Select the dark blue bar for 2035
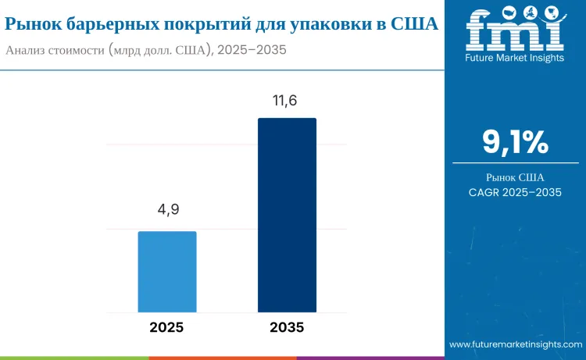click(x=287, y=215)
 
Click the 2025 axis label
click(x=167, y=327)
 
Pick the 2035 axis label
click(x=287, y=327)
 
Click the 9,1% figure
click(x=515, y=143)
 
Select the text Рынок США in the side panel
click(x=515, y=178)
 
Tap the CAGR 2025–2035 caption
click(x=515, y=193)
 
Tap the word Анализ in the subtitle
click(x=28, y=50)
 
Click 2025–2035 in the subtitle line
click(x=252, y=50)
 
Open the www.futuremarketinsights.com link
click(x=515, y=344)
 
